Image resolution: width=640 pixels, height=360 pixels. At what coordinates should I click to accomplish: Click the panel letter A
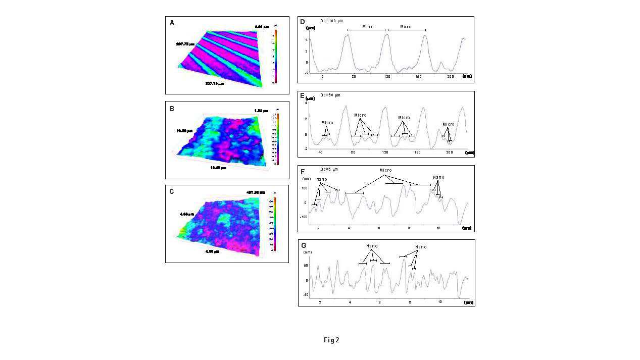point(172,23)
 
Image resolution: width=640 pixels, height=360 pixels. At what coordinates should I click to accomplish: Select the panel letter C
point(172,191)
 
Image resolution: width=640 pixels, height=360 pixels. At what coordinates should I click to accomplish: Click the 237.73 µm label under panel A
point(214,83)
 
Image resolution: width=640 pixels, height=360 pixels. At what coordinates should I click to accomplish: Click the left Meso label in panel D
point(368,27)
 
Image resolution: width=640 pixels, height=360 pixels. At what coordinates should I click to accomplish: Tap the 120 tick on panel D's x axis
point(387,76)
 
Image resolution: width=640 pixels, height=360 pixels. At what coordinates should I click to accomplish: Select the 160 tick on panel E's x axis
point(417,151)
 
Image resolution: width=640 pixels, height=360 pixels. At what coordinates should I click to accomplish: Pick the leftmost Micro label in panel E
point(327,123)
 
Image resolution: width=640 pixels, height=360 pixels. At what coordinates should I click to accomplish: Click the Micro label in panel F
point(385,170)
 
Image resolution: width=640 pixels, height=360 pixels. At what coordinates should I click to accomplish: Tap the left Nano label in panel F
point(321,179)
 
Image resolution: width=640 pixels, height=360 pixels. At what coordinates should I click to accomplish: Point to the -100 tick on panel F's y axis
point(304,217)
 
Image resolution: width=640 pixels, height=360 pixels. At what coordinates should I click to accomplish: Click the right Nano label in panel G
point(420,247)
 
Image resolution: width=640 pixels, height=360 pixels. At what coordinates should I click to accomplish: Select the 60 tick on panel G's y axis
point(306,265)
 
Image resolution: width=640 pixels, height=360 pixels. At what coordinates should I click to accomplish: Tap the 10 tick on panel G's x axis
point(439,301)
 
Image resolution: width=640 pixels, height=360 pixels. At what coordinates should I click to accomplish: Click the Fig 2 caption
point(331,340)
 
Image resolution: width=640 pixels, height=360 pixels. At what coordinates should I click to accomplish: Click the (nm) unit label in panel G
point(307,251)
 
